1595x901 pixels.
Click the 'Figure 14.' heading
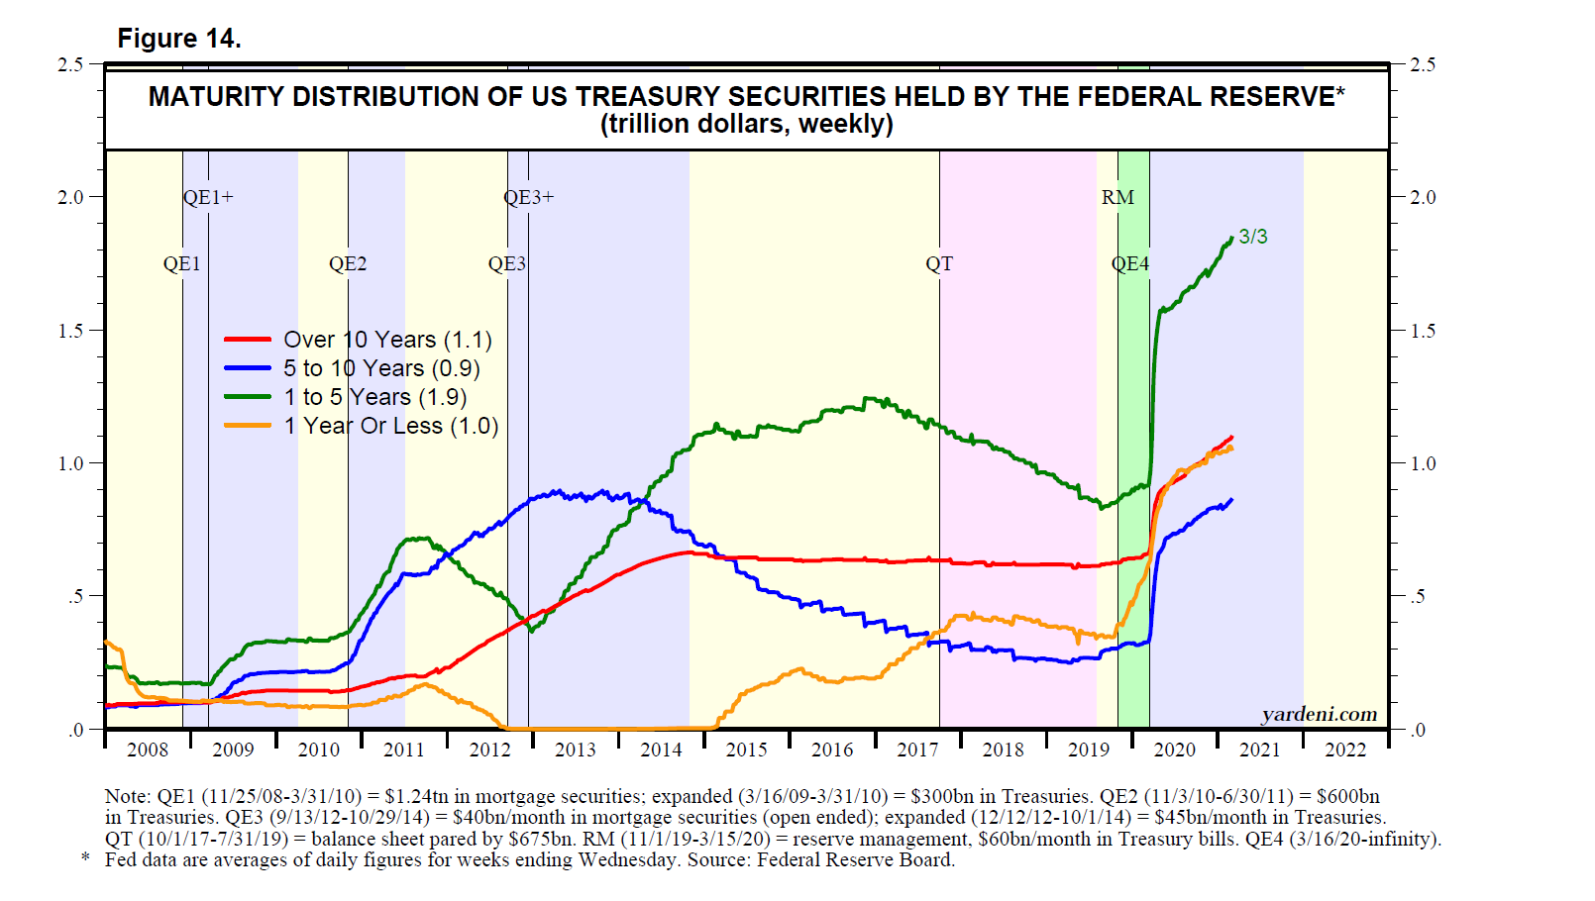coord(179,39)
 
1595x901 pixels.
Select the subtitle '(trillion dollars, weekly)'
coord(746,125)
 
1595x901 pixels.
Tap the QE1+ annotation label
coord(208,197)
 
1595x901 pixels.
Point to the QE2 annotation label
coord(348,263)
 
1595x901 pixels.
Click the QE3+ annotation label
coord(528,197)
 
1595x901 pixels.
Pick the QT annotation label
coord(938,263)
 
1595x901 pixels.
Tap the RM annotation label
coord(1117,197)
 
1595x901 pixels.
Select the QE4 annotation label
coord(1129,263)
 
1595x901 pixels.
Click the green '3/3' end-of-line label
coord(1252,237)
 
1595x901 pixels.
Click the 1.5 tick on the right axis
coord(1423,331)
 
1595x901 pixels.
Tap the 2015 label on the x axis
coord(746,750)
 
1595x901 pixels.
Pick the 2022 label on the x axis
coord(1344,750)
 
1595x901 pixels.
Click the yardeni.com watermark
coord(1319,715)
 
